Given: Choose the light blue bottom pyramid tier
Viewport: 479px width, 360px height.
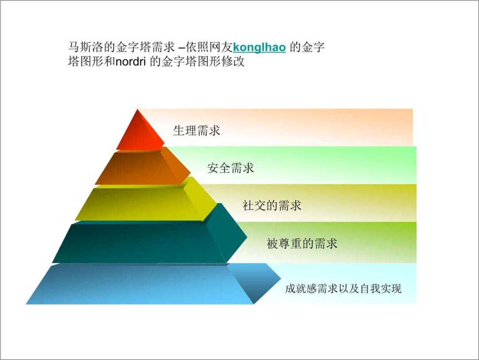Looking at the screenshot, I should [142, 284].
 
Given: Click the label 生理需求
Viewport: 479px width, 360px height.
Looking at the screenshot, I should [196, 131].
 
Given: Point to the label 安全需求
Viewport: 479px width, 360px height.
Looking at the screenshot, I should [231, 168].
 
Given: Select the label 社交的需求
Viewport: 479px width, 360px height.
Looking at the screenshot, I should [272, 206].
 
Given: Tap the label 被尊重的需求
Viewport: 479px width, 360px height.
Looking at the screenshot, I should [302, 243].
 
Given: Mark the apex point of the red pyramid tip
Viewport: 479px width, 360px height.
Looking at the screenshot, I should [137, 110].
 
